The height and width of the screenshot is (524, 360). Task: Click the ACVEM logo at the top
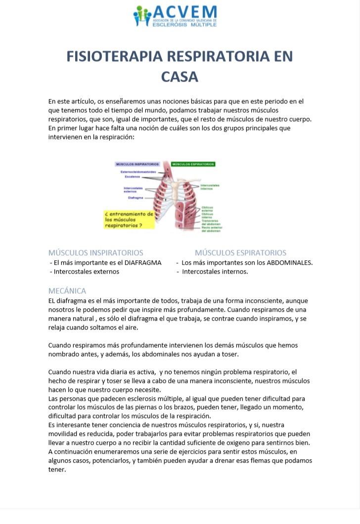click(x=176, y=16)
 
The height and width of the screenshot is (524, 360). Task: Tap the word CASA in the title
click(x=180, y=77)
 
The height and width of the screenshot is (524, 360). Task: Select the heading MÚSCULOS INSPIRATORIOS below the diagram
click(x=96, y=253)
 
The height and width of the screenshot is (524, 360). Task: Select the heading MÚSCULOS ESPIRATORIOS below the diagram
click(x=240, y=253)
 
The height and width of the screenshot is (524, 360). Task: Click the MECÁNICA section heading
click(x=67, y=291)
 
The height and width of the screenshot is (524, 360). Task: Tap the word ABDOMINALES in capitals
click(x=289, y=263)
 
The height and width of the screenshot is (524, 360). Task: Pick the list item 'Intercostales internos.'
click(x=215, y=272)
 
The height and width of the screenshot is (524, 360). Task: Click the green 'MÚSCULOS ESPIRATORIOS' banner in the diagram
click(x=193, y=164)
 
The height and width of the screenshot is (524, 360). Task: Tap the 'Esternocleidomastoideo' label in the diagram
click(x=138, y=172)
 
